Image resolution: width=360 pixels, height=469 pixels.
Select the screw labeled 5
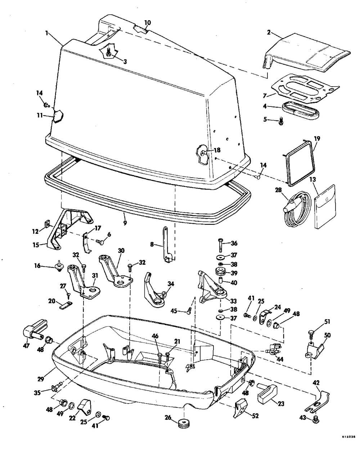(x=282, y=122)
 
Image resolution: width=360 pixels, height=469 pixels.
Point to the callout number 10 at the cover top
(x=147, y=23)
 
